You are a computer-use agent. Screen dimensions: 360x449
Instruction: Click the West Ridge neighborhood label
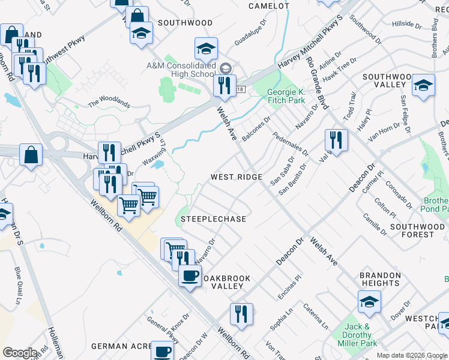(237, 177)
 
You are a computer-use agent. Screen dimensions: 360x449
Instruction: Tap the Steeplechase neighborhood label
(217, 219)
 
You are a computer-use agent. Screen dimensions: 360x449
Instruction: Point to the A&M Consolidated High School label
(181, 69)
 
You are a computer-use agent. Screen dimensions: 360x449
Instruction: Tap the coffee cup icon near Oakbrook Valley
(190, 276)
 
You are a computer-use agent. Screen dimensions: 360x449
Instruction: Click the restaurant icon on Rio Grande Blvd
(336, 140)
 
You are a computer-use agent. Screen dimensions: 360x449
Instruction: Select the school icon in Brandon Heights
(369, 302)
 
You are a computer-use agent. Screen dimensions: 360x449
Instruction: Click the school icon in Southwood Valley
(423, 85)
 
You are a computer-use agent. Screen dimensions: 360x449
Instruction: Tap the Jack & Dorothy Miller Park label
(360, 335)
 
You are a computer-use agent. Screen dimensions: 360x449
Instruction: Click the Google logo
(20, 353)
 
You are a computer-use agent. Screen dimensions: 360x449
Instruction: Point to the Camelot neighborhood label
(269, 6)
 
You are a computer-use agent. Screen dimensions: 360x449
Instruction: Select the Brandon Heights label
(380, 279)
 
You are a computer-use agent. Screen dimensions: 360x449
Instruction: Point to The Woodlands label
(109, 103)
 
